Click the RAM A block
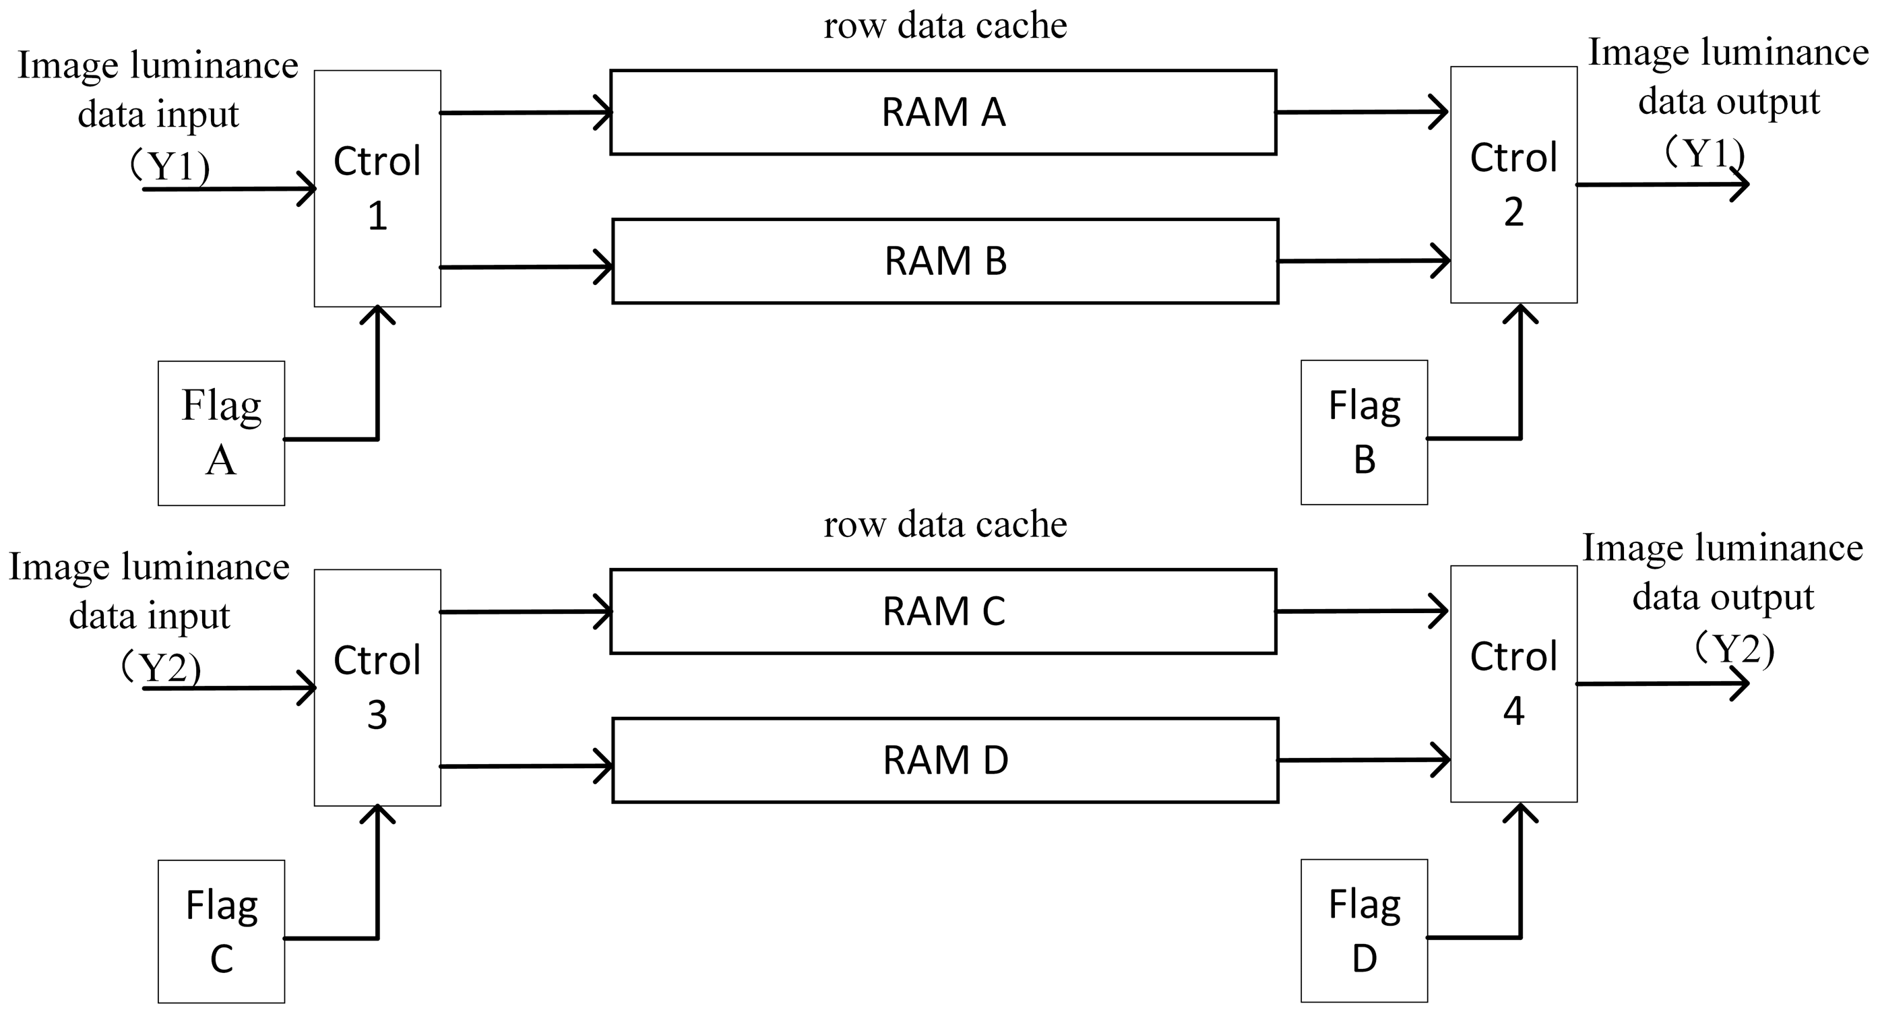(x=943, y=113)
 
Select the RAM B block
(x=945, y=261)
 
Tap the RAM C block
(x=943, y=611)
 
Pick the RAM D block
(x=945, y=760)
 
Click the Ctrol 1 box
(x=377, y=188)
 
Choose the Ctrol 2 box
(x=1513, y=185)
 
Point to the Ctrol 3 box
(x=377, y=687)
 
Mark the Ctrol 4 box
(x=1513, y=683)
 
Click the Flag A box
(x=221, y=433)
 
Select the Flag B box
(x=1364, y=432)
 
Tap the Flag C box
(x=221, y=931)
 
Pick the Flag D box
(x=1364, y=930)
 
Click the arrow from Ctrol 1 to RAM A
(x=525, y=113)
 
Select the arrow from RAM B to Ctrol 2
(x=1363, y=261)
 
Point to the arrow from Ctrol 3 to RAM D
(x=525, y=766)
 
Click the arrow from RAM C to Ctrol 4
(x=1362, y=611)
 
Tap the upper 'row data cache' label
(x=945, y=26)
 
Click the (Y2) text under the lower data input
(x=161, y=667)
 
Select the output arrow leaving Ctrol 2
(x=1662, y=185)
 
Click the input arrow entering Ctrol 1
(x=230, y=189)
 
